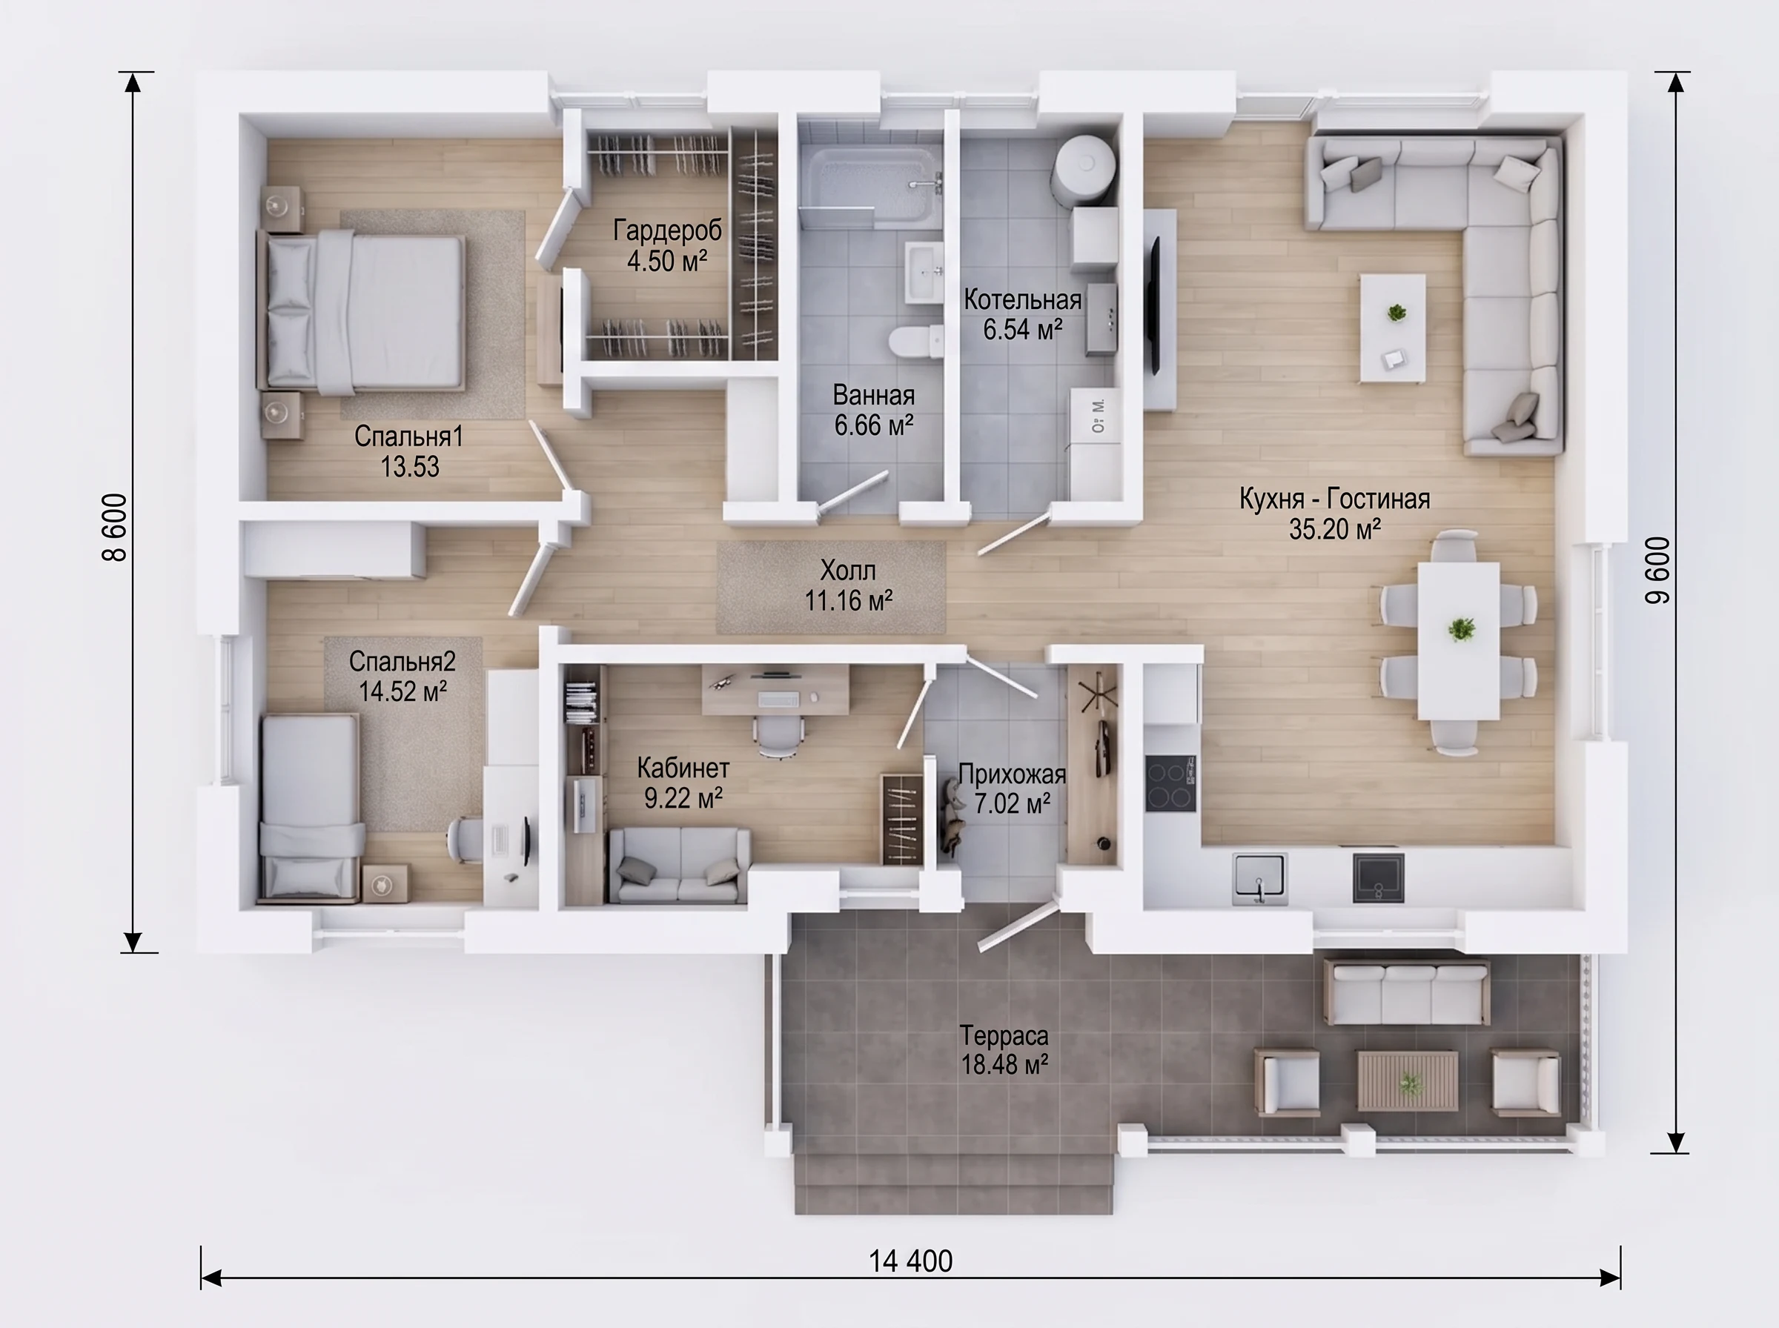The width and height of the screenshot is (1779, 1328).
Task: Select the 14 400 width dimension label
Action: point(910,1261)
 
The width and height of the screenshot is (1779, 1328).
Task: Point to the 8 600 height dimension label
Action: point(115,528)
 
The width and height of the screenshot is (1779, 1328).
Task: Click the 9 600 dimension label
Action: point(1657,570)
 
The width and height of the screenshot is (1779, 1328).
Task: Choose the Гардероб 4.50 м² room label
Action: point(667,245)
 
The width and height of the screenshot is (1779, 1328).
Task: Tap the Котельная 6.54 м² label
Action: point(1022,314)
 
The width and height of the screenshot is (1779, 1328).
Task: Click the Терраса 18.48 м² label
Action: point(1005,1049)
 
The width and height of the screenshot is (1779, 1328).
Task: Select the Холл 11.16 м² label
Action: point(849,585)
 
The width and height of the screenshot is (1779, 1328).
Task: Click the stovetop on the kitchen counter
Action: point(1170,782)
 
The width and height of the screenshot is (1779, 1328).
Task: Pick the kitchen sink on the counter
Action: point(1259,878)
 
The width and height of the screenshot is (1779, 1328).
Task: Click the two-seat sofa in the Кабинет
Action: point(680,865)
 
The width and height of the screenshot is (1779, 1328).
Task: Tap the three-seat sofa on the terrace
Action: point(1406,990)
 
